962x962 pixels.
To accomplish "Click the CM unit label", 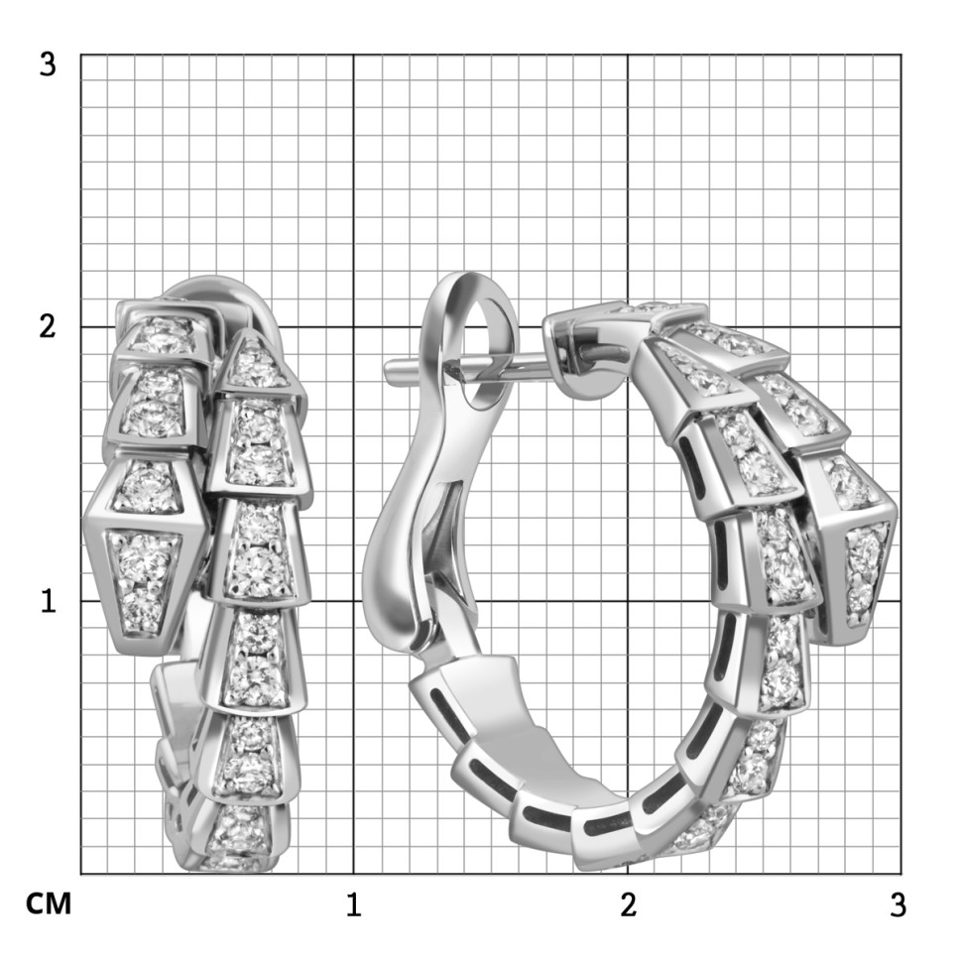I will click(48, 904).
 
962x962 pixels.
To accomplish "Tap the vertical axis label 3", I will click(47, 65).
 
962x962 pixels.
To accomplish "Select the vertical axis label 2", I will click(47, 328).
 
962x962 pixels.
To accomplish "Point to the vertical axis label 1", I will click(47, 601).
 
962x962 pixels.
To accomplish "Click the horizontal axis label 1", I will click(353, 905).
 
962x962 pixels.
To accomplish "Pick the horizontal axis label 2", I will click(627, 905).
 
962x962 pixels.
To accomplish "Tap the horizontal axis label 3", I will click(898, 905).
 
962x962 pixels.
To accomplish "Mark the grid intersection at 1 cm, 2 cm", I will click(354, 327).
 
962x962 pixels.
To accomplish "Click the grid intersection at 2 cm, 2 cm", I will click(628, 327).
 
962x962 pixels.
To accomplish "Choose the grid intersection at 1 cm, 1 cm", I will click(354, 600).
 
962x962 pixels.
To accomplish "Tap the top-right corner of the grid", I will click(901, 56).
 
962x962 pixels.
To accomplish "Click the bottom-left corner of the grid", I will click(81, 874).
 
